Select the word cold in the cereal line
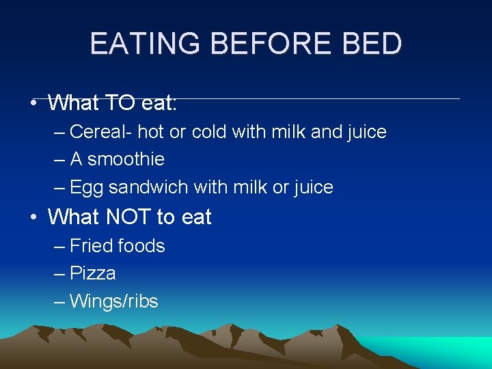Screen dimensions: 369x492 tap(209, 131)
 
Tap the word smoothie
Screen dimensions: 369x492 tap(126, 159)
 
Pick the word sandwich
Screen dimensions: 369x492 tap(149, 187)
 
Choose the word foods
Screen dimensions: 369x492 tap(141, 246)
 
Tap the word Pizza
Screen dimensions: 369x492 tap(93, 273)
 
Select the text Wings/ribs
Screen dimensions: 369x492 tap(113, 301)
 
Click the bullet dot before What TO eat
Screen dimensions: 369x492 tap(33, 105)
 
